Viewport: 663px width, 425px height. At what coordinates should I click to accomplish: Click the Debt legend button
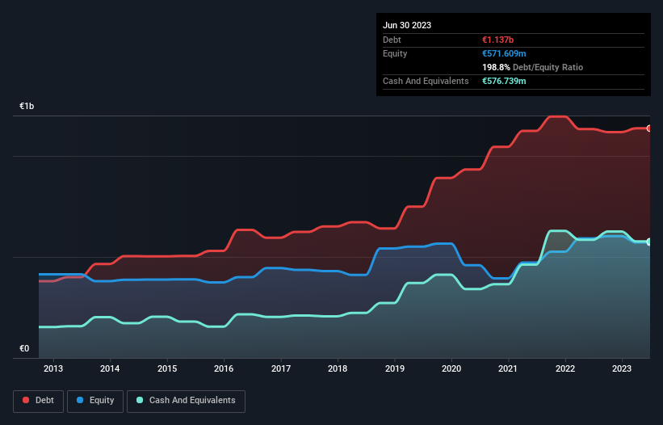tap(37, 401)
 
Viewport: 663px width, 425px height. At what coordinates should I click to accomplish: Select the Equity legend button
tap(95, 401)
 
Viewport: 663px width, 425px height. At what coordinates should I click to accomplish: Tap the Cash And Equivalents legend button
tap(186, 401)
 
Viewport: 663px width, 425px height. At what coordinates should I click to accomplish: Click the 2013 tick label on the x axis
tap(53, 369)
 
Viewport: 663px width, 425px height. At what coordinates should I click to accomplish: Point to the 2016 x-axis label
tap(224, 369)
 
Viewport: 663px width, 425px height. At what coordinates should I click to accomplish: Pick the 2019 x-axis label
tap(394, 369)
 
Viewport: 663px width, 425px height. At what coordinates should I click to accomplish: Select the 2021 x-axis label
tap(508, 369)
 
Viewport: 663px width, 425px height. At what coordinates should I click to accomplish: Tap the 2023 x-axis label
tap(622, 369)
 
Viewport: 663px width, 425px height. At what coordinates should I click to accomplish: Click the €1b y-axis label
tap(27, 107)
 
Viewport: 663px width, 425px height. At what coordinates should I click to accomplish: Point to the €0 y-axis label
tap(24, 349)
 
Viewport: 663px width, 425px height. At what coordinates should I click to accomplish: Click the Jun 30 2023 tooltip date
tap(407, 25)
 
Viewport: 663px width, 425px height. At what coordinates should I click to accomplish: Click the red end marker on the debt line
tap(648, 128)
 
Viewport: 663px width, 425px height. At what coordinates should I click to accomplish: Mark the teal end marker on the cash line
tap(648, 242)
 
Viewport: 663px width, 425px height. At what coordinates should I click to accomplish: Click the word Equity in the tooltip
tap(395, 53)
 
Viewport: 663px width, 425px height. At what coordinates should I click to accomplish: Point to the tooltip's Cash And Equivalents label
tap(426, 82)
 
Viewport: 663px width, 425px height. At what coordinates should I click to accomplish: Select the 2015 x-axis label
tap(167, 369)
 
